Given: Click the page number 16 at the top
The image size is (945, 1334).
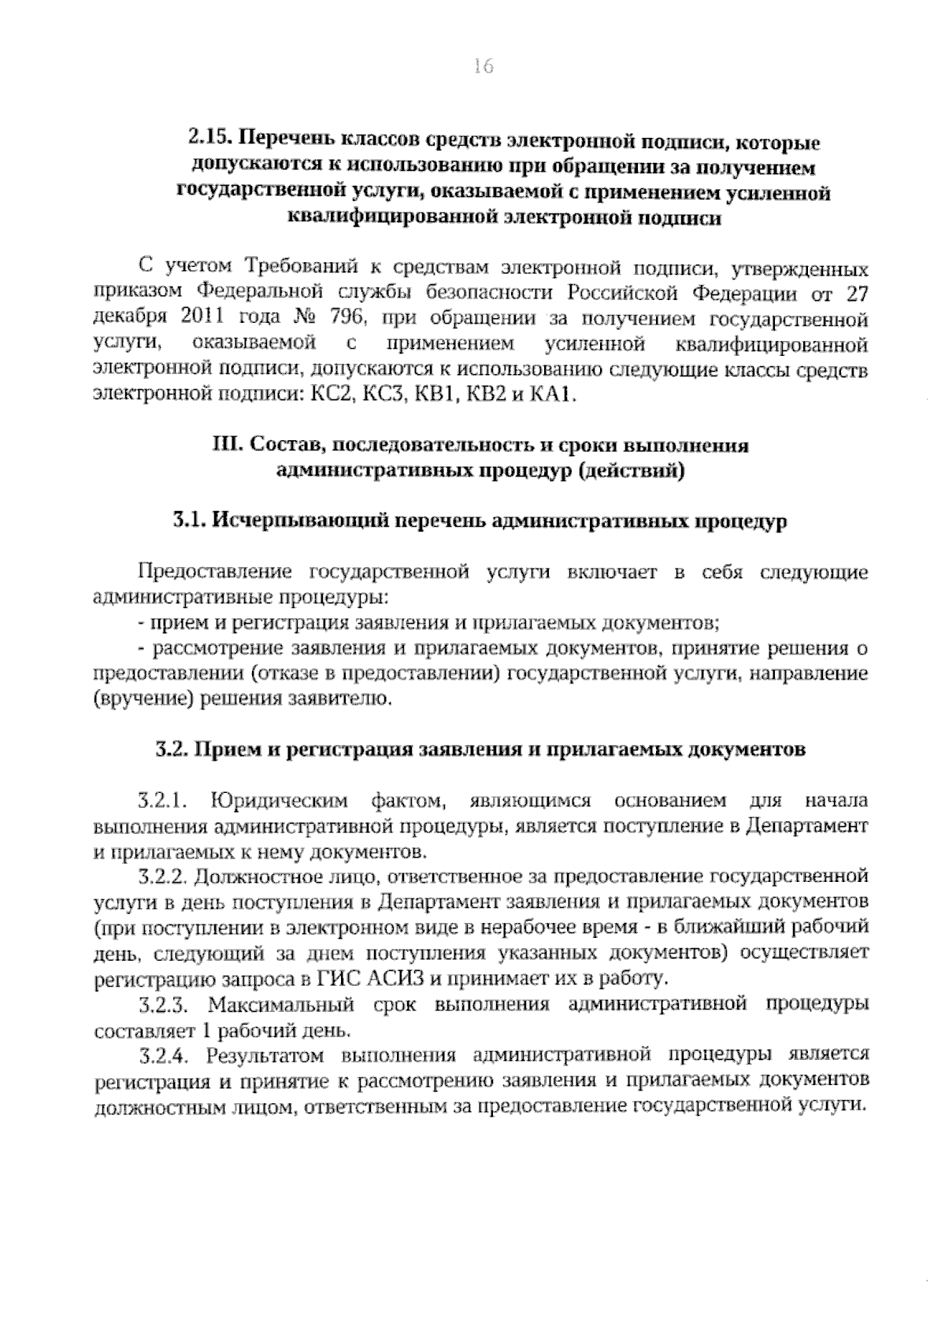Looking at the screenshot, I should [483, 67].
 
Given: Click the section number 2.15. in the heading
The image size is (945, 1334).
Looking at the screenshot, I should [209, 142].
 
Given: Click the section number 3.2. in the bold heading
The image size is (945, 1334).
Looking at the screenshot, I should [172, 749].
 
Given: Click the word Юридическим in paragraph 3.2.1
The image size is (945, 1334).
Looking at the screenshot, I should [279, 802].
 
